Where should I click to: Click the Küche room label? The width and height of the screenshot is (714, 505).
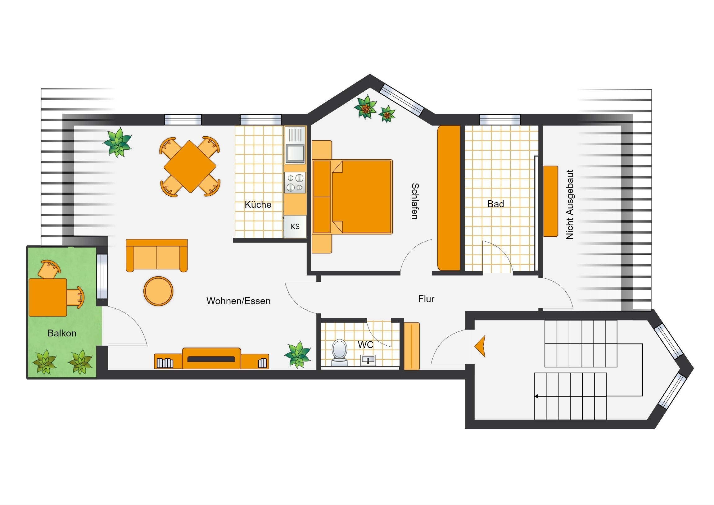click(258, 204)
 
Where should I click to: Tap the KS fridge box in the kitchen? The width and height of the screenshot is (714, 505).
click(295, 226)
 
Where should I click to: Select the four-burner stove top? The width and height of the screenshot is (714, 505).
click(295, 183)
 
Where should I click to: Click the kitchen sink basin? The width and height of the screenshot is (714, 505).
click(295, 153)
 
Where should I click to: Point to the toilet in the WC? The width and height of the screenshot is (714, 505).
click(339, 352)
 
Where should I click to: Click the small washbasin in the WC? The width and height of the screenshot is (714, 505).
click(368, 360)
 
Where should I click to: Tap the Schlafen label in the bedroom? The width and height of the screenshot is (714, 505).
click(415, 201)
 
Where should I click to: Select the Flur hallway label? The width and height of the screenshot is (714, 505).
click(426, 299)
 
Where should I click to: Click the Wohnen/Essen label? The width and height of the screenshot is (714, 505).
click(238, 301)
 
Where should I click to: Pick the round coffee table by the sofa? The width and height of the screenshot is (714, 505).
click(158, 291)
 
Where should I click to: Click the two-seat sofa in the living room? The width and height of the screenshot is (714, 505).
click(157, 256)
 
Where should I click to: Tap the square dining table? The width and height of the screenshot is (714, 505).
click(190, 167)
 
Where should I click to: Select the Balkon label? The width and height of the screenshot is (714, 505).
click(62, 333)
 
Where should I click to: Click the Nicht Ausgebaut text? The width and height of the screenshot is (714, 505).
click(570, 204)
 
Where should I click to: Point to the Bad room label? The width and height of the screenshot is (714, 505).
click(496, 204)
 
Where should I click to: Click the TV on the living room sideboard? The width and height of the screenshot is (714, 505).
click(211, 359)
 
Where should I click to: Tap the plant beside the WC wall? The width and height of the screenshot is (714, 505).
click(298, 354)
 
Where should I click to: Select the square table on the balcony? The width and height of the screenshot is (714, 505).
click(48, 298)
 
